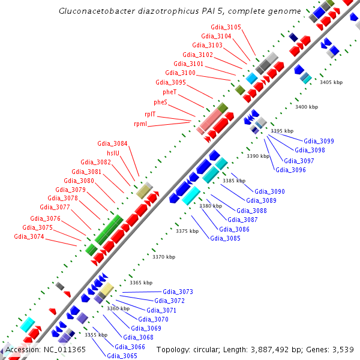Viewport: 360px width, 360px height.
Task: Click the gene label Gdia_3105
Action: click(226, 27)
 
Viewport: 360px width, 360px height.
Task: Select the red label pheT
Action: click(169, 92)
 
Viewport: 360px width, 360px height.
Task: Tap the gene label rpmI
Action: click(140, 124)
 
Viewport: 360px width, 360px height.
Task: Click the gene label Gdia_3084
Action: click(113, 143)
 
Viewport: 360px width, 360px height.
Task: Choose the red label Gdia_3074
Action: click(29, 236)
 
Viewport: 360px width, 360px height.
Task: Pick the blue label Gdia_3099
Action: click(319, 141)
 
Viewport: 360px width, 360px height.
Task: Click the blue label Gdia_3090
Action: click(270, 191)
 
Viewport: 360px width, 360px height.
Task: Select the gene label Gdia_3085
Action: click(225, 238)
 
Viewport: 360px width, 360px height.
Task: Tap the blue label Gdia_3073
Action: click(178, 292)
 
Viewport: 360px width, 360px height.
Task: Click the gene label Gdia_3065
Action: click(122, 356)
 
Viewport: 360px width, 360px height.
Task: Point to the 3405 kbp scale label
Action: click(331, 82)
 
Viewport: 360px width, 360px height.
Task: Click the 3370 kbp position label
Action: click(164, 257)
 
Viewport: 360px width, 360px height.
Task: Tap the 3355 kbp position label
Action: click(96, 335)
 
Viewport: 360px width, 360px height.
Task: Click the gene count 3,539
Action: click(342, 349)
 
